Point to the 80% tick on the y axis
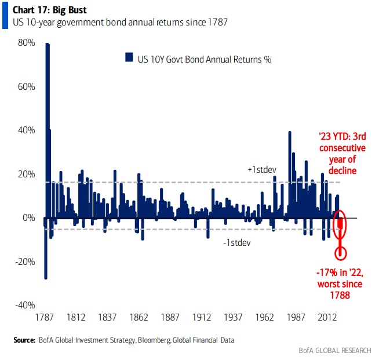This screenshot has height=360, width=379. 27,43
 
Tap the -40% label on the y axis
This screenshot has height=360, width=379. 24,306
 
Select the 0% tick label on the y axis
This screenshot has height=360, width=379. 29,218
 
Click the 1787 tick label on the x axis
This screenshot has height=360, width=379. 45,318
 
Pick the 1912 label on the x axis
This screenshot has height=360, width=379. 202,318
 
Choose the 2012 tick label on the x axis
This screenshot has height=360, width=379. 328,318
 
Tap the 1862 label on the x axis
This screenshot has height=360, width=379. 139,318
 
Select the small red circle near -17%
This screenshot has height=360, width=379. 341,253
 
